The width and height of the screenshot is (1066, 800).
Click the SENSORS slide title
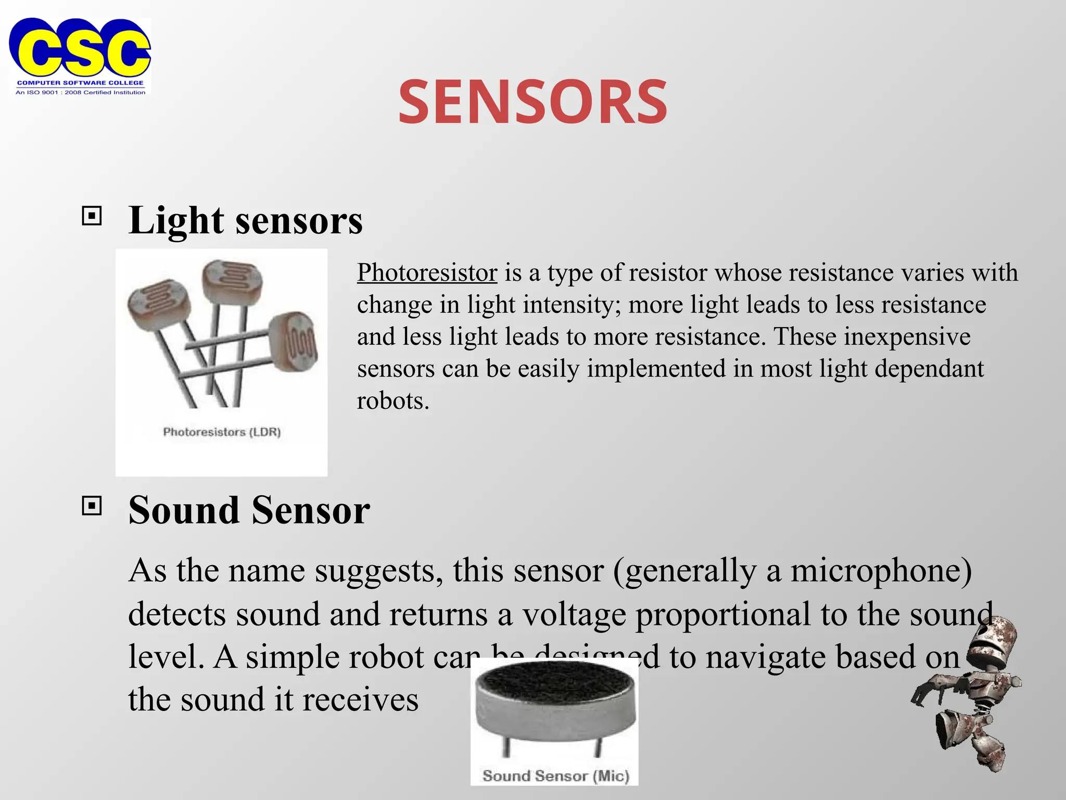click(x=532, y=102)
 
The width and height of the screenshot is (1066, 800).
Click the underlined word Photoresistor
click(x=427, y=272)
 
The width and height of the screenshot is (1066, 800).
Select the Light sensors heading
click(x=245, y=220)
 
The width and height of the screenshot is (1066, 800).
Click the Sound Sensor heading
click(x=249, y=510)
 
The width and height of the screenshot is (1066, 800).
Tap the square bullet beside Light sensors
click(x=92, y=216)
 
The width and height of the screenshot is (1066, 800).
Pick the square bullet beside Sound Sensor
click(x=92, y=505)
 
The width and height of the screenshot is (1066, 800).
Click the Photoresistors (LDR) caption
click(x=222, y=432)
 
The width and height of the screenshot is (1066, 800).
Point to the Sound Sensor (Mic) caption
click(x=555, y=776)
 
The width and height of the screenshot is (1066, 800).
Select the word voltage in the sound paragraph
click(x=574, y=614)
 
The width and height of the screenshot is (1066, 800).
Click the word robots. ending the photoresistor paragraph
click(x=393, y=401)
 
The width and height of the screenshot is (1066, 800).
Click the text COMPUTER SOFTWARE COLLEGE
click(x=80, y=83)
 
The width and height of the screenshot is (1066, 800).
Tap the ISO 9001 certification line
click(x=80, y=92)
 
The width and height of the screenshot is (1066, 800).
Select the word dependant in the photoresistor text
click(x=929, y=369)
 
